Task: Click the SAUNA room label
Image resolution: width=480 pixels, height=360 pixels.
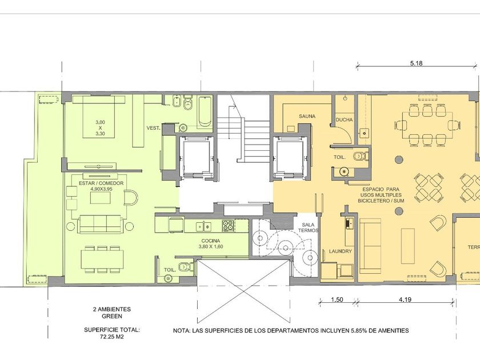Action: pos(307,117)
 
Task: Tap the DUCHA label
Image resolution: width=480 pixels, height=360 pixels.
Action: pos(345,119)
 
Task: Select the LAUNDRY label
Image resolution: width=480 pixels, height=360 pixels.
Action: pos(341,251)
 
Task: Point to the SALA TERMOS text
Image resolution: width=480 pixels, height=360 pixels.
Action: pos(308,227)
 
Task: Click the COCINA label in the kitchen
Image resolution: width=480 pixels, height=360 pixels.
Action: pos(211,241)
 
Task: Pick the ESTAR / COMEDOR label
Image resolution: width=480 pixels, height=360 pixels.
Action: pos(101,183)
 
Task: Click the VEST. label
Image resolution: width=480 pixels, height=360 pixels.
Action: pos(153,128)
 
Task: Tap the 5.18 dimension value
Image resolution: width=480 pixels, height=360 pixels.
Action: pos(417,63)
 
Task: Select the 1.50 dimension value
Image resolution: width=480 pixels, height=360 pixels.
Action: pos(337,299)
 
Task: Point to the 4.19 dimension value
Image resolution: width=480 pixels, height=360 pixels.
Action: pos(405,299)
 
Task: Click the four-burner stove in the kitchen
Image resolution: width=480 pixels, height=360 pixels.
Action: pos(228,226)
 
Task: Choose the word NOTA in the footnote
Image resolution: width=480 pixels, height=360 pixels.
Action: pos(181,331)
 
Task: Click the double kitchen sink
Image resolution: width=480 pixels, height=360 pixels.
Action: pos(204,226)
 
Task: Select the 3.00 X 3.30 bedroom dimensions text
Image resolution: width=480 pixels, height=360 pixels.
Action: pos(100,127)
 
